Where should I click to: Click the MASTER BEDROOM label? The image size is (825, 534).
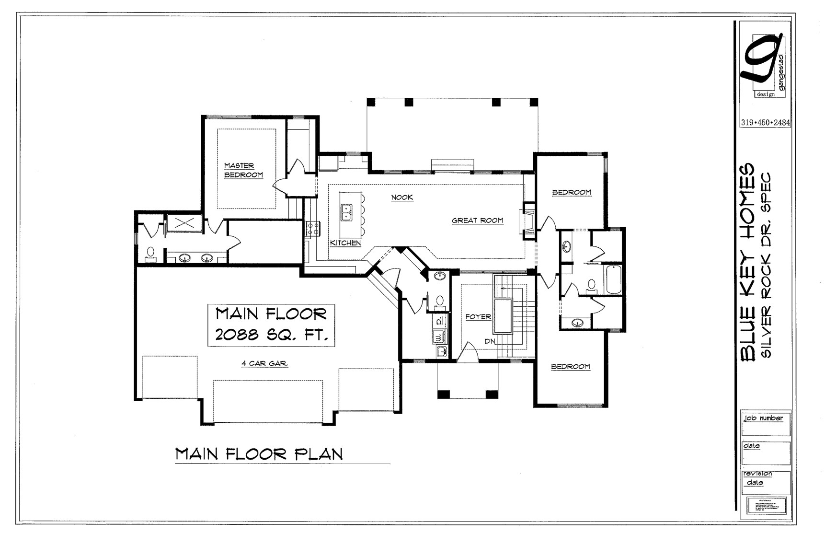[x=243, y=171]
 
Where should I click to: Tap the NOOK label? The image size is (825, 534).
[x=401, y=197]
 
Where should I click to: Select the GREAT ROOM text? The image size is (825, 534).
[x=477, y=221]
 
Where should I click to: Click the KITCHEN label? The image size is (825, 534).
[x=345, y=243]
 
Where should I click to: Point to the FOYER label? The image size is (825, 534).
[x=478, y=317]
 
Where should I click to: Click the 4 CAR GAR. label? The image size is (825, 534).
[x=264, y=364]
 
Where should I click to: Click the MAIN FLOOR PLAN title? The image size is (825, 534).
[x=259, y=453]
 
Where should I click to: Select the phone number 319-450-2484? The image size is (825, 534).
[x=765, y=122]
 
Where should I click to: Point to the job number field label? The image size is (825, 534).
[x=763, y=418]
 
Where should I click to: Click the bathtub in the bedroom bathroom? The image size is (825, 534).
[x=614, y=279]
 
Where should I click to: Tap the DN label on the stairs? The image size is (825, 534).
[x=490, y=341]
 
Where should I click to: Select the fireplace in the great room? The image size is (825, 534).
[x=527, y=221]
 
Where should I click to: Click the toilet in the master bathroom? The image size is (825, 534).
[x=150, y=253]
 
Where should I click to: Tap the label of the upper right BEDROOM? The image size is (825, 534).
[x=572, y=193]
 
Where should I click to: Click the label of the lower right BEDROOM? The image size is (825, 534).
[x=570, y=367]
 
